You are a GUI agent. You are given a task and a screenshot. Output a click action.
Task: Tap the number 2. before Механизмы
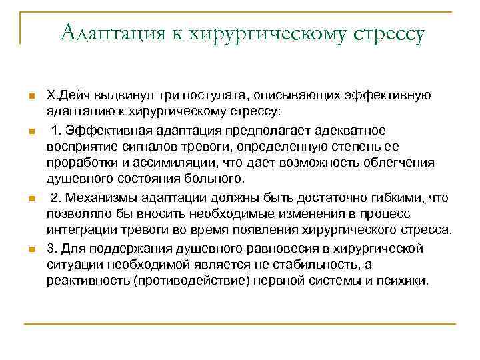pos(56,197)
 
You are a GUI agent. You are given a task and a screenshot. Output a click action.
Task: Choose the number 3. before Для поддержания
pos(51,248)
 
